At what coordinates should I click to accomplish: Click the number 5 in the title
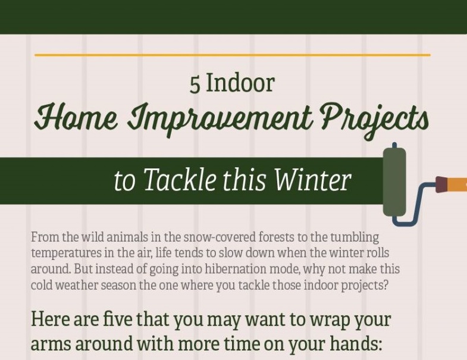(195, 84)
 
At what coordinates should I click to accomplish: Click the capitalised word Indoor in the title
(240, 83)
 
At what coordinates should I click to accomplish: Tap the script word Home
(77, 118)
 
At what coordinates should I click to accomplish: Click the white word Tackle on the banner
(180, 179)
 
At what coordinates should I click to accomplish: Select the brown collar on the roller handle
(441, 184)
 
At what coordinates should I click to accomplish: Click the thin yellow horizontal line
(232, 55)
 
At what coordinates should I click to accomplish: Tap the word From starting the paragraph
(46, 237)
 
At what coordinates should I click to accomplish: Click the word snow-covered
(220, 237)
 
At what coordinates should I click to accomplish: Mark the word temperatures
(67, 253)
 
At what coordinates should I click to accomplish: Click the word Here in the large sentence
(50, 319)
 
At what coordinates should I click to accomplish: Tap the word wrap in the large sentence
(330, 321)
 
